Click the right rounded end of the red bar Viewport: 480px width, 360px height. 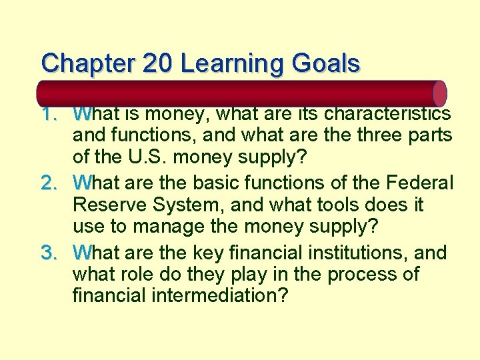coord(439,93)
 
